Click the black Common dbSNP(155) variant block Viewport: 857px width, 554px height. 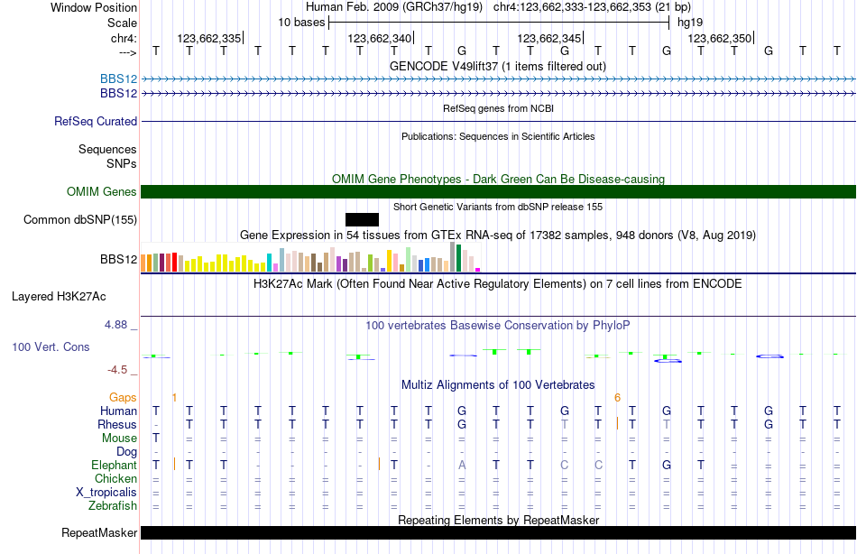pos(362,219)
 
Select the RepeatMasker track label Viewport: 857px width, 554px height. pos(99,532)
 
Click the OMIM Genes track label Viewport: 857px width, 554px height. pos(101,191)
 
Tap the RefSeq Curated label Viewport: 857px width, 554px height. pos(96,121)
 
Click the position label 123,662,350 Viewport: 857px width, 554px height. pos(719,38)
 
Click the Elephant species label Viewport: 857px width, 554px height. pos(114,465)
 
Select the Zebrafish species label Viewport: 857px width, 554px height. pos(113,505)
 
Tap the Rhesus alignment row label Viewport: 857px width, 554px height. pos(117,424)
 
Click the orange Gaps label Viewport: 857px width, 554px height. pos(123,397)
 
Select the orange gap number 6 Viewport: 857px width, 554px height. pos(617,397)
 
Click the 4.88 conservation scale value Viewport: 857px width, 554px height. pos(123,324)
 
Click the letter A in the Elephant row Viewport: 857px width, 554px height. pos(461,465)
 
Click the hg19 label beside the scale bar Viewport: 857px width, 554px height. pos(689,22)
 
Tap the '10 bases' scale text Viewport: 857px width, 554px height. pos(301,22)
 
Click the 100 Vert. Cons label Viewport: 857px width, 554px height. pos(51,346)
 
